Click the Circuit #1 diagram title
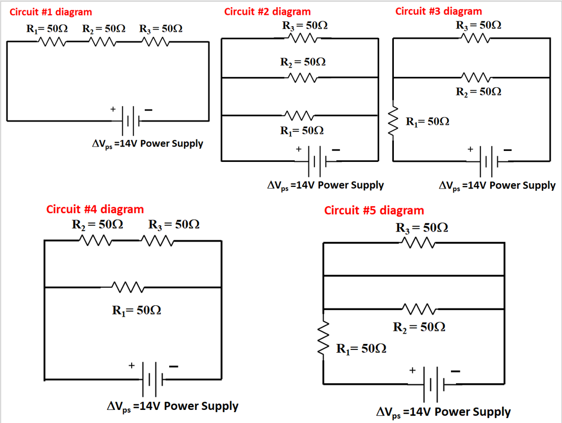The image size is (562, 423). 51,11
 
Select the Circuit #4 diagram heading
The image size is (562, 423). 95,209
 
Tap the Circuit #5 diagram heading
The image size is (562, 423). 374,210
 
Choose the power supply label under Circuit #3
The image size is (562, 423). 497,185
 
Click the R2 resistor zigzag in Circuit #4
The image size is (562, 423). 96,240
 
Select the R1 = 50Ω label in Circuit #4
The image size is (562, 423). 136,310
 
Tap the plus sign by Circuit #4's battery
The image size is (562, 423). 131,366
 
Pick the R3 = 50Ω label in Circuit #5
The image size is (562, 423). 422,227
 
